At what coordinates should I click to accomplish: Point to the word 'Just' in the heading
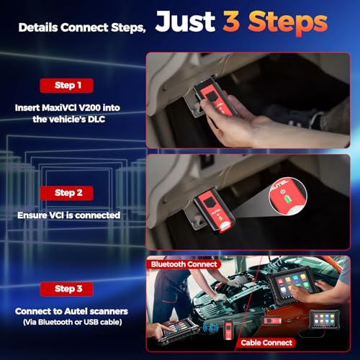[187, 23]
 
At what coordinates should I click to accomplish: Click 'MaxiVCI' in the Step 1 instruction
[68, 106]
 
